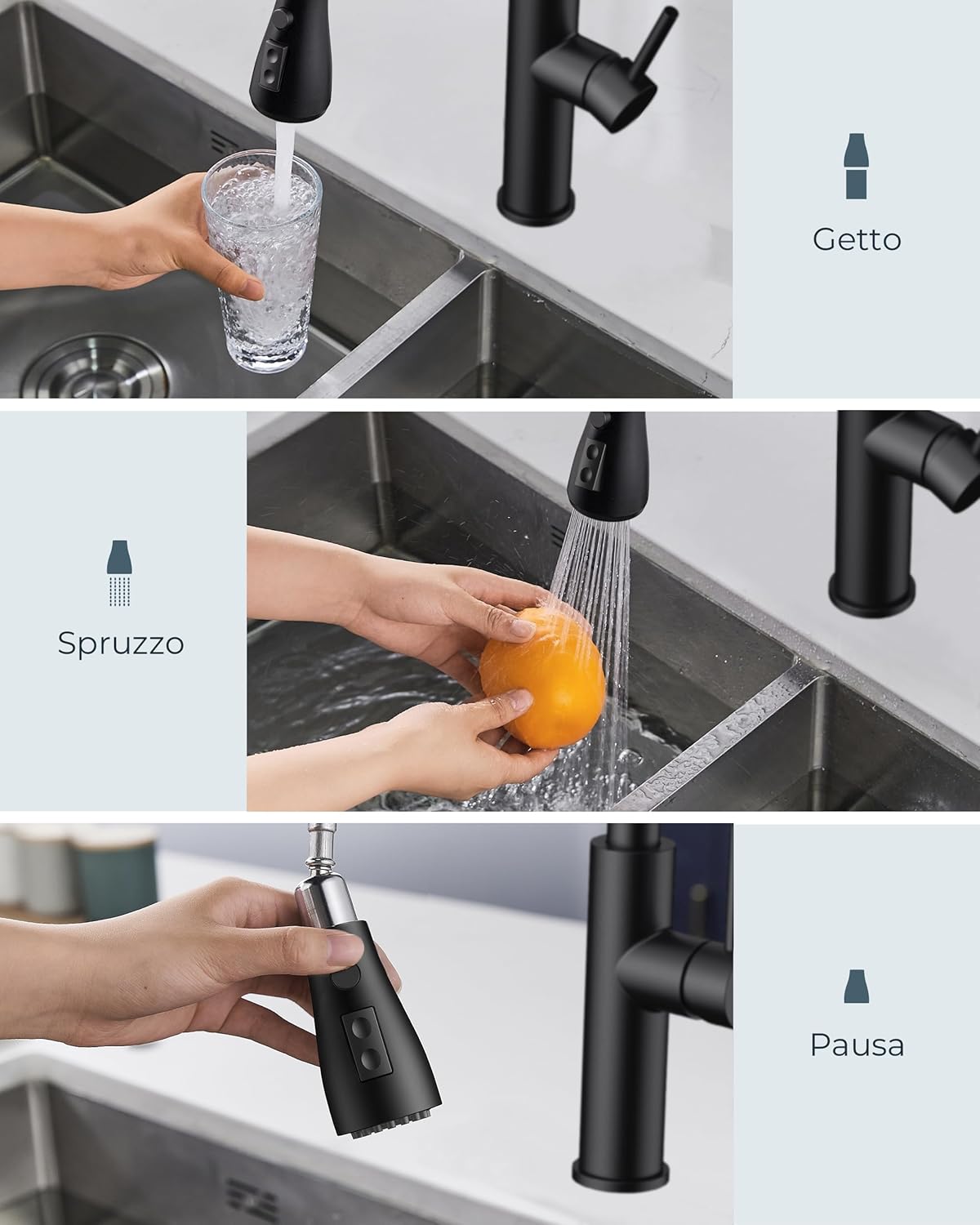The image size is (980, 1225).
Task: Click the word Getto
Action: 857,239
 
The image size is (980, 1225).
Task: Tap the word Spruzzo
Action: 121,644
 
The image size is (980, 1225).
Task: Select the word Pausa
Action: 857,1045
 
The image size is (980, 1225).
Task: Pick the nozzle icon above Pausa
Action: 856,987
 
